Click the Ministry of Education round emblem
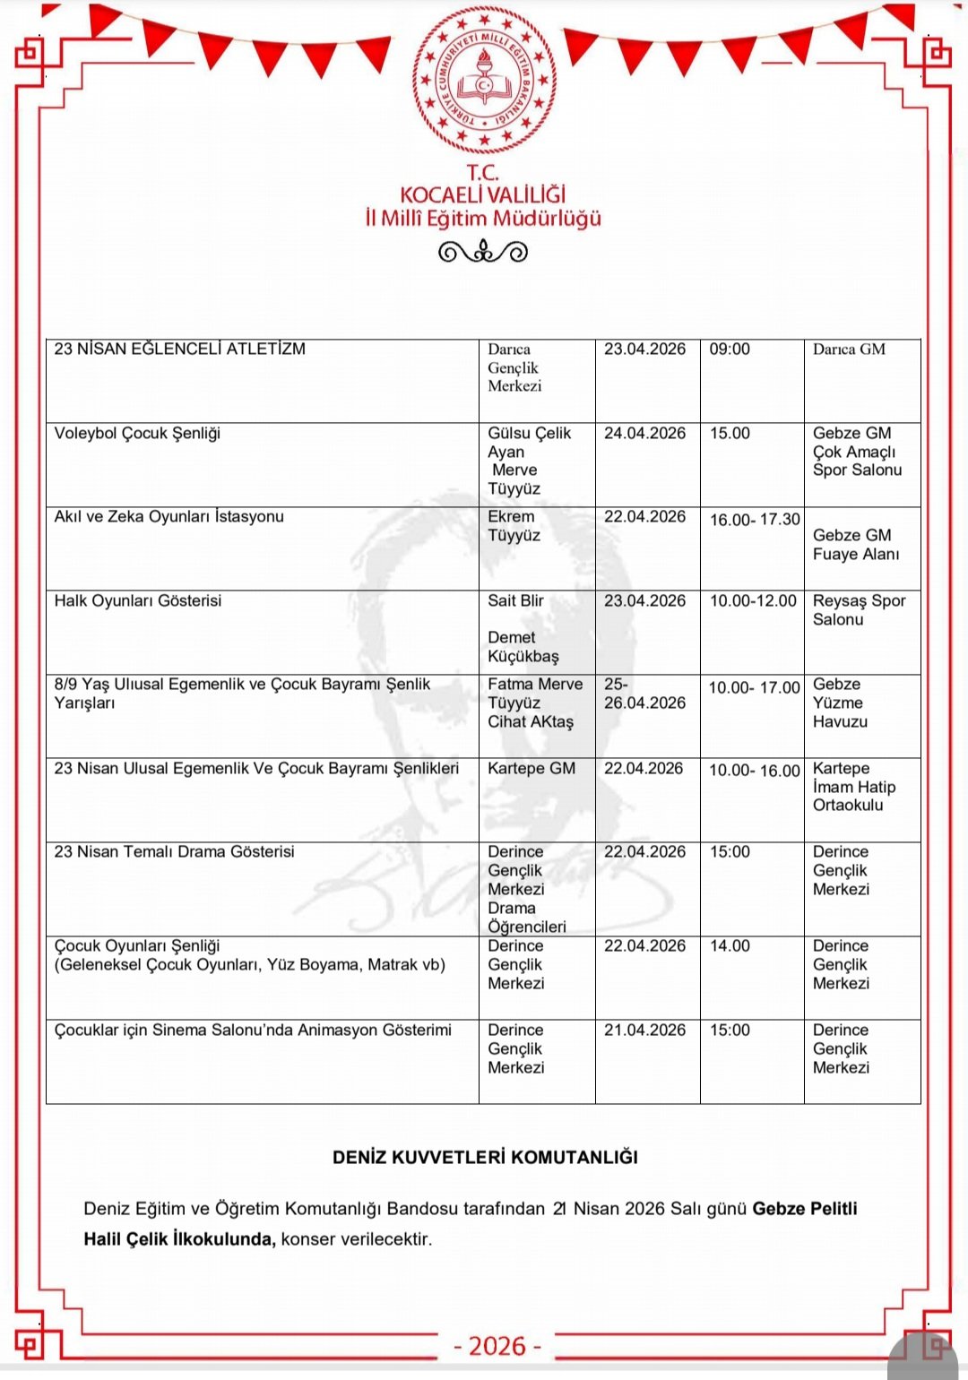point(483,80)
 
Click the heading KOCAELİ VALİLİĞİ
point(483,194)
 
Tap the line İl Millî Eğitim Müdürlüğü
point(483,219)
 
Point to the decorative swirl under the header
point(483,253)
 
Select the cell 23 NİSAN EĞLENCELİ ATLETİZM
point(179,349)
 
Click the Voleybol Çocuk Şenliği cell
point(137,434)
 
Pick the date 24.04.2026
point(644,434)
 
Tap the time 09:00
point(730,349)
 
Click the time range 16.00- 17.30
point(755,520)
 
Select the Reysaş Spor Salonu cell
point(859,610)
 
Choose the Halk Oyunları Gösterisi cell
point(138,601)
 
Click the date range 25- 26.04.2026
point(644,694)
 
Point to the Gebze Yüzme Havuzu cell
point(840,703)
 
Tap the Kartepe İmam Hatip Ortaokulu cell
point(853,787)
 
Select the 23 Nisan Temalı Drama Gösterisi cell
point(174,852)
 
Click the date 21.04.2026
point(644,1031)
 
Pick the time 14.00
point(730,946)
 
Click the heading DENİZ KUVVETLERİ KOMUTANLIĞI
point(485,1158)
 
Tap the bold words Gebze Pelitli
point(804,1209)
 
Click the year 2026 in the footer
point(497,1346)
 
